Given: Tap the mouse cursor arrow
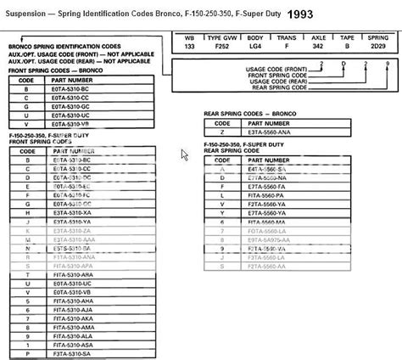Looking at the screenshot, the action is tap(184, 155).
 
